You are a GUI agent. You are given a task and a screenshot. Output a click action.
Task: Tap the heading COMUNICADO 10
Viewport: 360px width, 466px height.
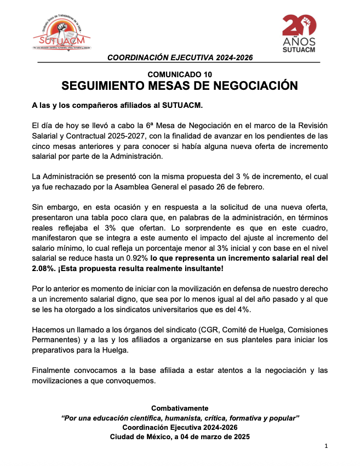tap(179, 74)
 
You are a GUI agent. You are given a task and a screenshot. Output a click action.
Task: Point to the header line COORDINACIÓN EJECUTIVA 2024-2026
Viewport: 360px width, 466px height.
tap(180, 57)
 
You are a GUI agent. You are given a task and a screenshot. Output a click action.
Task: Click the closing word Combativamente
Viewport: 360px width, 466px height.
tap(180, 409)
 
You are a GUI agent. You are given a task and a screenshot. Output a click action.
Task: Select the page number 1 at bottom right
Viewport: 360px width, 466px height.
tap(325, 446)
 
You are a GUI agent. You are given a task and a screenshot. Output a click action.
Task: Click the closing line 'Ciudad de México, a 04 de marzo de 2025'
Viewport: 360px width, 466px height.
tap(180, 436)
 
